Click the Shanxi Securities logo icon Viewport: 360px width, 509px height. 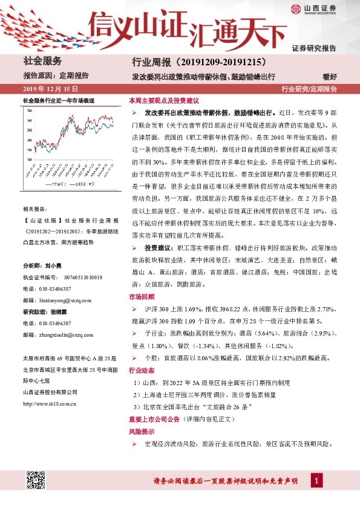tap(296, 9)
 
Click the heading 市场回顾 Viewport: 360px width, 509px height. tap(140, 297)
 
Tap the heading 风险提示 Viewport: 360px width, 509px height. tap(140, 432)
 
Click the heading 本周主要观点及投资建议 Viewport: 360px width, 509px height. tap(163, 101)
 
